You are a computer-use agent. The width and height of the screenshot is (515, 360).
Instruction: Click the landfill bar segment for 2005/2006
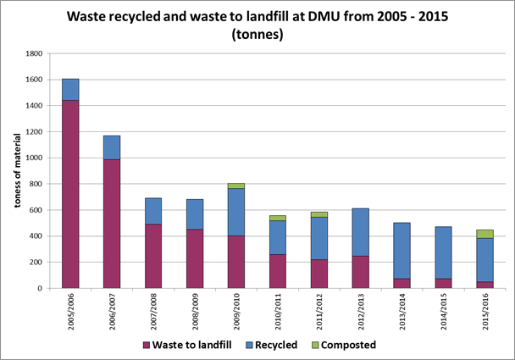pyautogui.click(x=70, y=194)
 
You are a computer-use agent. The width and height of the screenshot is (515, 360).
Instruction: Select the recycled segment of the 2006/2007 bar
pyautogui.click(x=112, y=147)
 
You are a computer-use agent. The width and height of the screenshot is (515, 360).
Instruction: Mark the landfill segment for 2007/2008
pyautogui.click(x=153, y=256)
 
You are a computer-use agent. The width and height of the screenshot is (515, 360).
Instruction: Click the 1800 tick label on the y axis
pyautogui.click(x=34, y=53)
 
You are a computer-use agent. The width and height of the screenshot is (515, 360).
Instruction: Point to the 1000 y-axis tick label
pyautogui.click(x=34, y=158)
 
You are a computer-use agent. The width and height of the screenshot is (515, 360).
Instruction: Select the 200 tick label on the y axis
pyautogui.click(x=36, y=263)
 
